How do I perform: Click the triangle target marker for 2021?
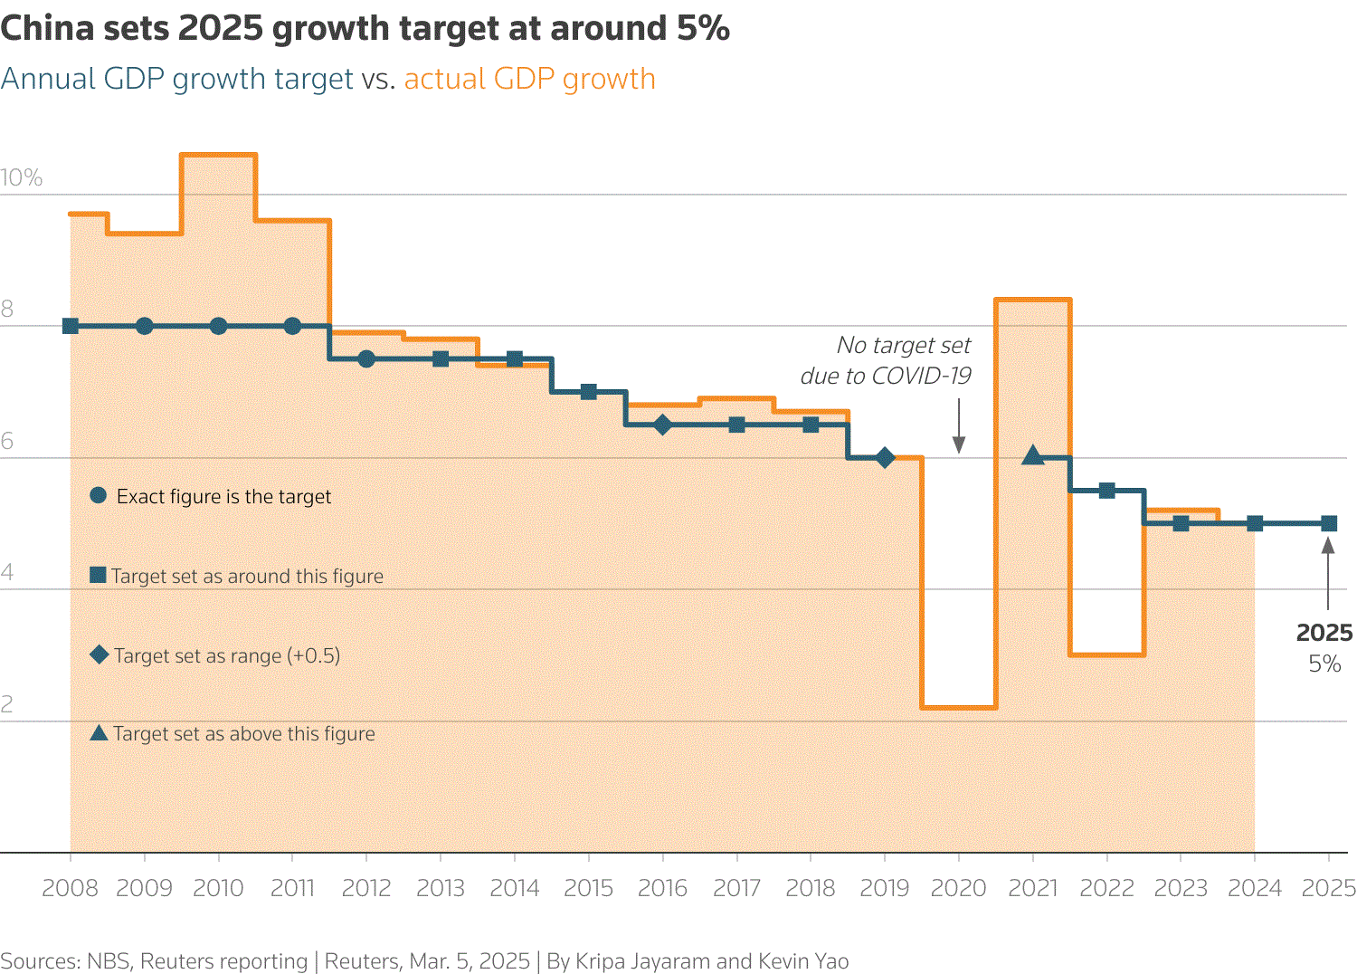click(1032, 456)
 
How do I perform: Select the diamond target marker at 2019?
click(885, 458)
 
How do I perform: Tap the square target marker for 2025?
click(1328, 523)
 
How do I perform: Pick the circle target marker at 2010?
click(218, 326)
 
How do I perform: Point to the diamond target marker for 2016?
click(662, 425)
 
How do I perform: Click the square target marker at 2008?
click(71, 326)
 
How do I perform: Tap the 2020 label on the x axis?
click(958, 888)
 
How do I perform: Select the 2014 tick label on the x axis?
click(514, 888)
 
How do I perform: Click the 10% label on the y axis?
click(22, 177)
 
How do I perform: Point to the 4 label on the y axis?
click(7, 572)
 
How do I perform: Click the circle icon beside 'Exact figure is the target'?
click(99, 495)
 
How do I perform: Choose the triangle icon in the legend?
click(99, 732)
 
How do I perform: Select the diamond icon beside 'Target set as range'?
click(99, 654)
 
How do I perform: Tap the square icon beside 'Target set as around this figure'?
click(99, 575)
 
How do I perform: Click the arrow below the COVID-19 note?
click(958, 425)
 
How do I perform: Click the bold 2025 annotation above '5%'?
click(1324, 633)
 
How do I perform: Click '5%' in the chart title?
click(703, 28)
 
